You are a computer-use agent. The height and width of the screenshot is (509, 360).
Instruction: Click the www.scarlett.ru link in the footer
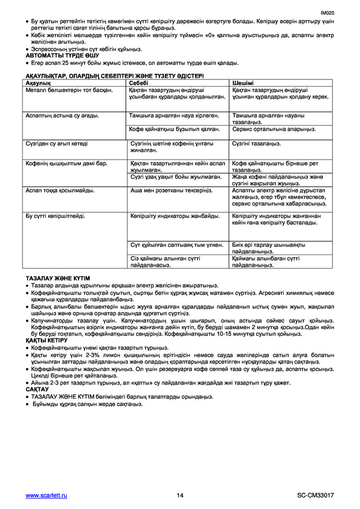pos(46,495)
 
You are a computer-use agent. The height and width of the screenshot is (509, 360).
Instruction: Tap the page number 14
pos(180,495)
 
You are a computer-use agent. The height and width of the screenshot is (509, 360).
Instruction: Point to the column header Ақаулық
pos(39,82)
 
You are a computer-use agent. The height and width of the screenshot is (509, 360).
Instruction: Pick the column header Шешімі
pos(243,82)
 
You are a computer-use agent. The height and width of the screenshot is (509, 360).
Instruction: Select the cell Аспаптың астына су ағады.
pos(62,116)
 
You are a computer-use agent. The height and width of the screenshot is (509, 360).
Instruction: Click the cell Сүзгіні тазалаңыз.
pos(256,144)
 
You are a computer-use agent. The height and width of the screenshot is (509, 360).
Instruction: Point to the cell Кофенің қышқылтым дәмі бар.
pos(67,163)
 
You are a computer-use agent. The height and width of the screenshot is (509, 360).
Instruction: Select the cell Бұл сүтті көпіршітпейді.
pos(56,216)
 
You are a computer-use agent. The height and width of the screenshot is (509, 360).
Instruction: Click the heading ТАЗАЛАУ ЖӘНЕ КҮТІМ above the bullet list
pos(58,278)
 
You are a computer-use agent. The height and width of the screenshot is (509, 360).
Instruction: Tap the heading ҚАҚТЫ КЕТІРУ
pos(46,340)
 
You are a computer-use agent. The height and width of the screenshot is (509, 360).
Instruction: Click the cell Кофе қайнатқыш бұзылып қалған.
pos(175,129)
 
